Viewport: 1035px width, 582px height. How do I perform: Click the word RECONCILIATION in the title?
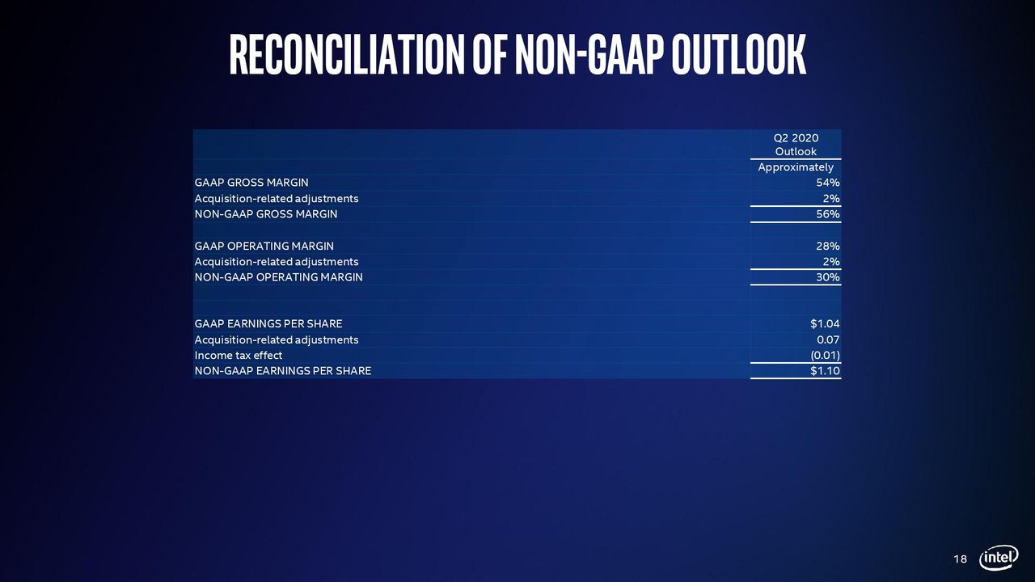[x=347, y=54]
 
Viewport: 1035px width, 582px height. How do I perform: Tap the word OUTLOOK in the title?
[x=739, y=54]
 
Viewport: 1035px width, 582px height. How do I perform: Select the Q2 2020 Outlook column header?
[x=796, y=145]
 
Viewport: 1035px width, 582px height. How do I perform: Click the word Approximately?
[x=796, y=167]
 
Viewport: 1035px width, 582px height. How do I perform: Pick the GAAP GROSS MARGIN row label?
[x=251, y=183]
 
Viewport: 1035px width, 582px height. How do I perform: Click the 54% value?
[x=827, y=183]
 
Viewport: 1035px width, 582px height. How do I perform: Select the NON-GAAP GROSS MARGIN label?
[x=266, y=214]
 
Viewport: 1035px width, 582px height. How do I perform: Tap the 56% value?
[x=827, y=214]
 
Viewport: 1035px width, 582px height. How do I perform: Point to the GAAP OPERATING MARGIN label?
[x=264, y=247]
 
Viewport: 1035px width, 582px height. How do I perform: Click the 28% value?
[x=827, y=247]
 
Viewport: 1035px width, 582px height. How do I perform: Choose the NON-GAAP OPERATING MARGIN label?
[x=279, y=277]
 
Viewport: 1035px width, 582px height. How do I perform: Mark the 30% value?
[x=827, y=277]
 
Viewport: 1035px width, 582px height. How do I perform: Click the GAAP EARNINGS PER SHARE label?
[x=268, y=324]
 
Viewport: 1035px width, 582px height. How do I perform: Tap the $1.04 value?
[x=825, y=324]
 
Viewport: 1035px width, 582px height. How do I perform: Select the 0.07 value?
[x=828, y=340]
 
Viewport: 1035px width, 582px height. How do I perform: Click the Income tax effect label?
[x=238, y=355]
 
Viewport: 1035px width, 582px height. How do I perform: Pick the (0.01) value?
[x=826, y=355]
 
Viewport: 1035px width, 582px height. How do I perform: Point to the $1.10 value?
[x=825, y=371]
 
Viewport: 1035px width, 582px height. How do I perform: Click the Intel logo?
[x=999, y=558]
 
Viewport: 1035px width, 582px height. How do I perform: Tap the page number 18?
[x=960, y=559]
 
